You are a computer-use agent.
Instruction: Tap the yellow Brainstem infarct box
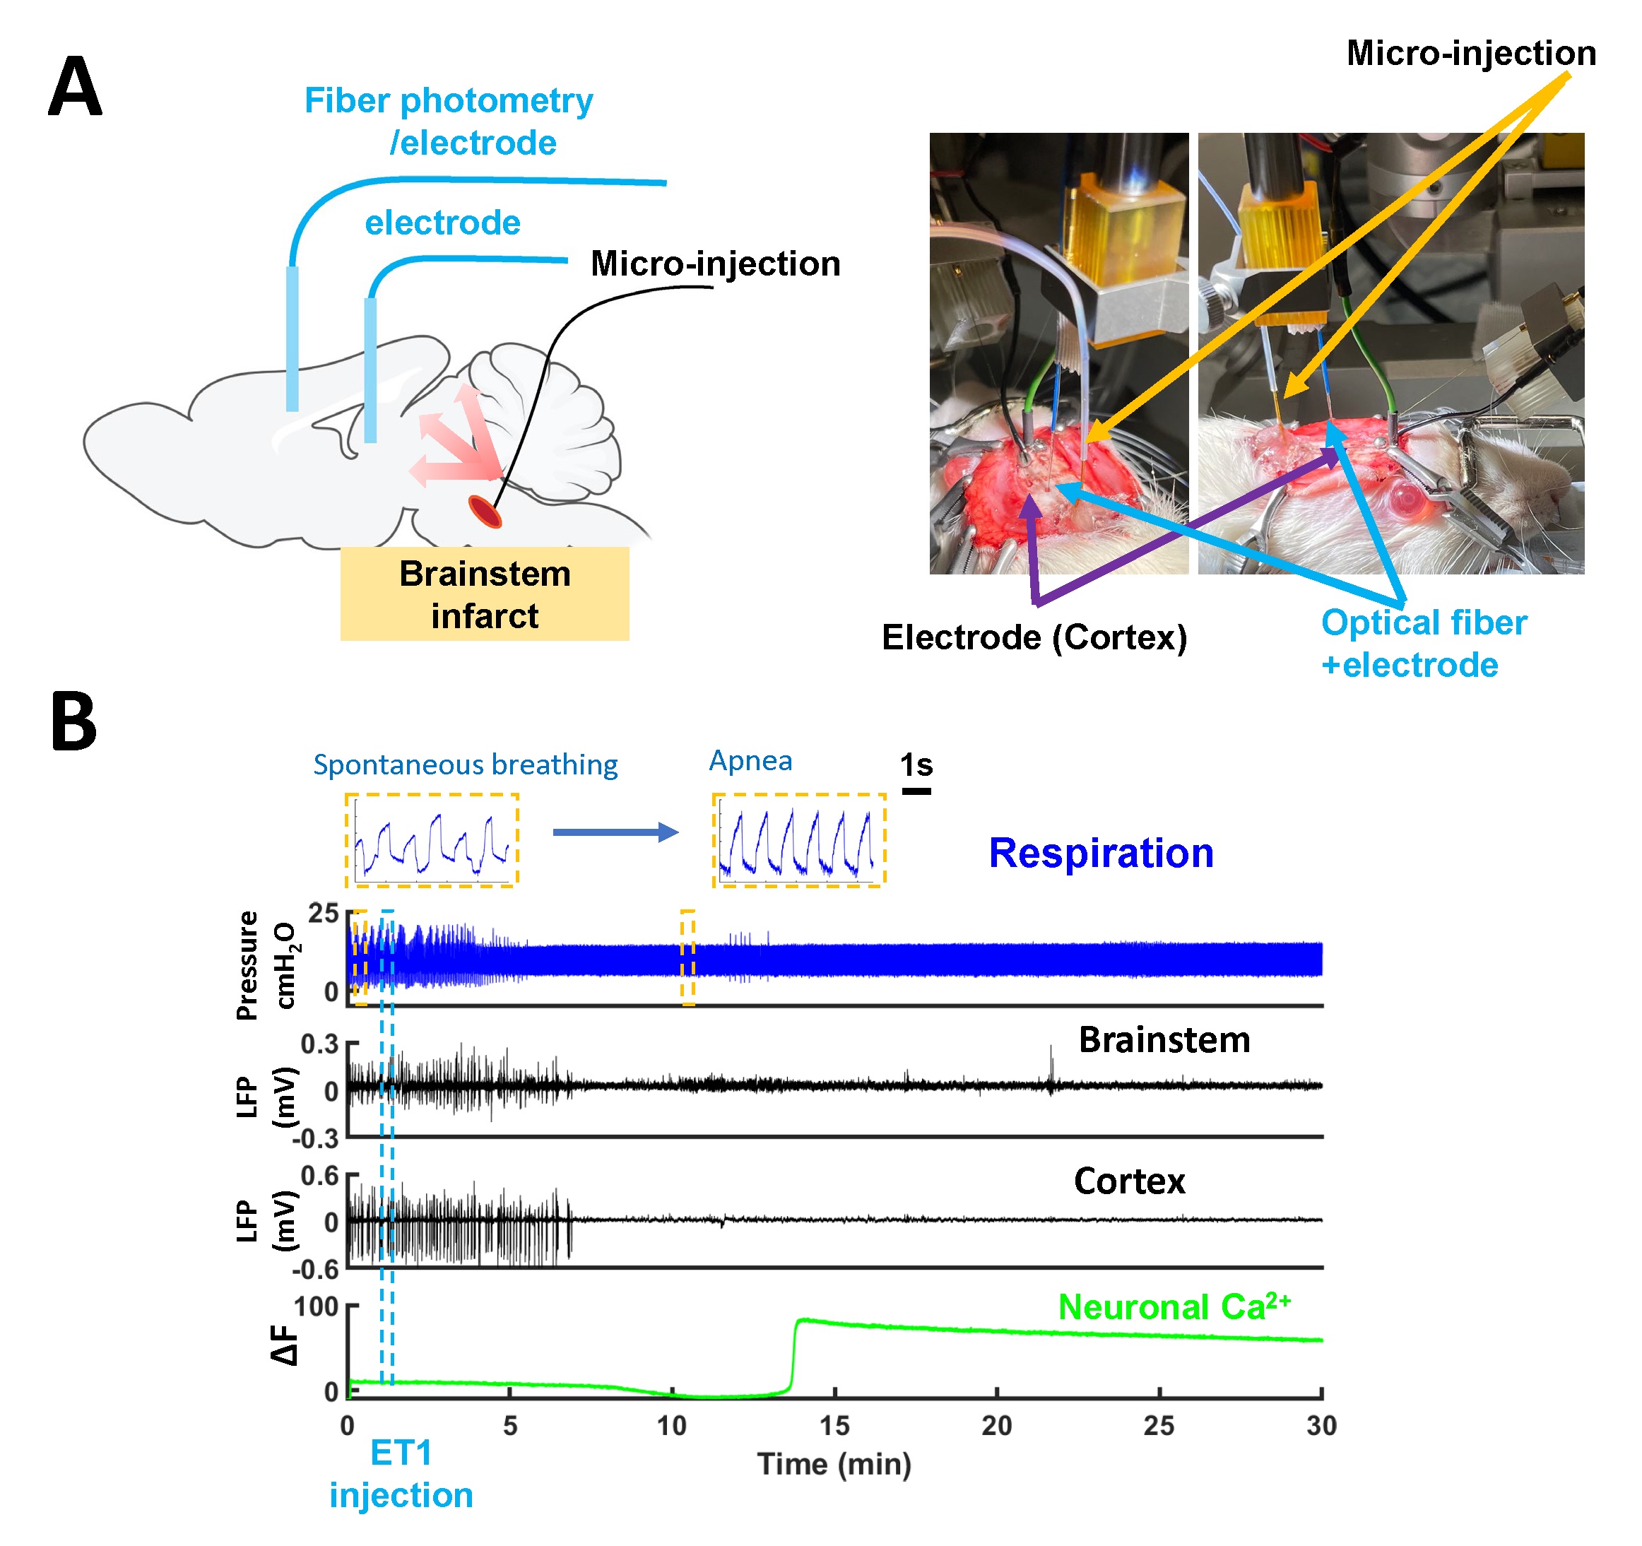[485, 594]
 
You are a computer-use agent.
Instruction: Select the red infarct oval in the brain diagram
[485, 511]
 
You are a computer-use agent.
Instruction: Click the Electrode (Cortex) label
[1034, 637]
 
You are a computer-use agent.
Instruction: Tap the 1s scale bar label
[916, 765]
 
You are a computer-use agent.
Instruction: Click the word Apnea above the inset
[751, 760]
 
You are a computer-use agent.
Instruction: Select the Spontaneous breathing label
[465, 765]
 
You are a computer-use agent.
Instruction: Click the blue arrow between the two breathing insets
[615, 832]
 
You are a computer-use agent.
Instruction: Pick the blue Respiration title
[1101, 853]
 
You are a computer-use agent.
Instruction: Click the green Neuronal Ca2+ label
[1174, 1307]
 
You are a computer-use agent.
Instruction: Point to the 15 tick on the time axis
[834, 1425]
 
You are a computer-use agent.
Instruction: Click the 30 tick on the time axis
[1321, 1425]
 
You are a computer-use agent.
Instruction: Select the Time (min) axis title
[834, 1464]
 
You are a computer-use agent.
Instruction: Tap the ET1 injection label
[401, 1474]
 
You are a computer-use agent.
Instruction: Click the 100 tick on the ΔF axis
[317, 1307]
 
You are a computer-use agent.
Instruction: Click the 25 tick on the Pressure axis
[323, 914]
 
